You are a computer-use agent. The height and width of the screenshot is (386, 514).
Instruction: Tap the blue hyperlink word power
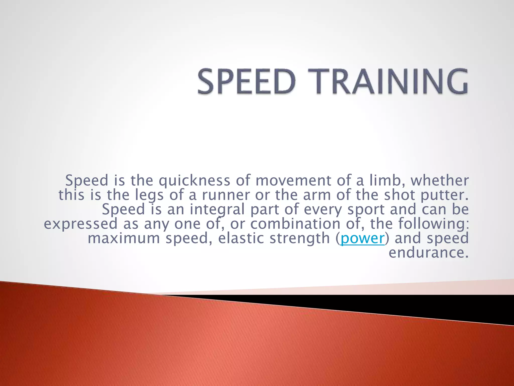click(362, 238)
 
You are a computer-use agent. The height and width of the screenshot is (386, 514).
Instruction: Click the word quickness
click(195, 181)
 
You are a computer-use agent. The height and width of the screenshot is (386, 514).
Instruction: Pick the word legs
click(149, 195)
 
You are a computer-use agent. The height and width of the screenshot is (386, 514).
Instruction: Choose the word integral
click(217, 210)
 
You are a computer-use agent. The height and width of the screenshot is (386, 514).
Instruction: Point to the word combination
click(295, 224)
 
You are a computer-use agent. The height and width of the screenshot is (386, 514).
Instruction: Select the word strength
click(300, 238)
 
